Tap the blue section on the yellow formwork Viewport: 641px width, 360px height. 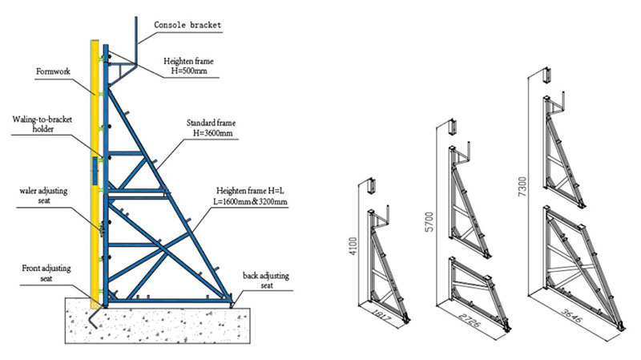(x=95, y=170)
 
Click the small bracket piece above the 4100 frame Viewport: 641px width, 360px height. (x=370, y=186)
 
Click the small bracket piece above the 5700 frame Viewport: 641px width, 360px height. (x=453, y=127)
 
